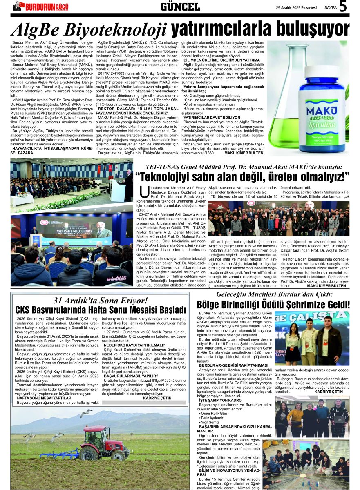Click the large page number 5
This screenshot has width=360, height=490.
click(x=343, y=7)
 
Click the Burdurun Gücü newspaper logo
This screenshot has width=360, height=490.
click(x=40, y=6)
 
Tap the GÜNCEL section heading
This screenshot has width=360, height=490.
click(x=180, y=7)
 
